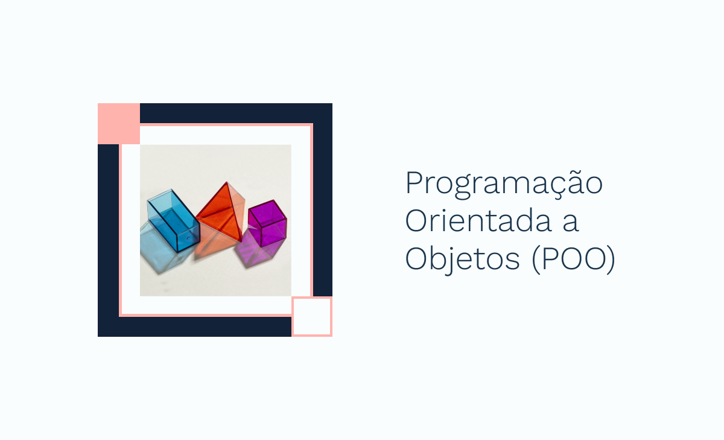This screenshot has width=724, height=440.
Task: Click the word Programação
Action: click(x=504, y=184)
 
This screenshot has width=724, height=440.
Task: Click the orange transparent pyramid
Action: click(x=221, y=214)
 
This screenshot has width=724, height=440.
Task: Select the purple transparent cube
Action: click(x=267, y=223)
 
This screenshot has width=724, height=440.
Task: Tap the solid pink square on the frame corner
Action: click(x=119, y=124)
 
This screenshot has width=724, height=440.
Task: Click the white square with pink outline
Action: click(x=312, y=316)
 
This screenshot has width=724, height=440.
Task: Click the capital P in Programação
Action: click(x=413, y=183)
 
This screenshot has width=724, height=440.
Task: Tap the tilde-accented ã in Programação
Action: click(x=569, y=183)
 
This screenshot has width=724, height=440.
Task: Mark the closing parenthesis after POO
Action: click(x=611, y=260)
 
